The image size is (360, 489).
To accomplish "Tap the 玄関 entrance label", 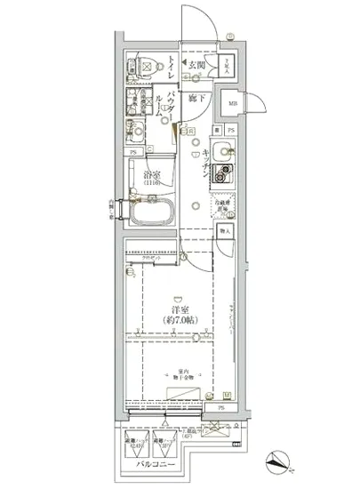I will tap(196, 64).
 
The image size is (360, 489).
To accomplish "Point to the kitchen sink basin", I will tap(221, 148).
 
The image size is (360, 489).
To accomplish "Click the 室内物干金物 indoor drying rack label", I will tap(179, 374).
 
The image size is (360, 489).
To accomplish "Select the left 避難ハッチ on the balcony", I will tap(133, 438).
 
